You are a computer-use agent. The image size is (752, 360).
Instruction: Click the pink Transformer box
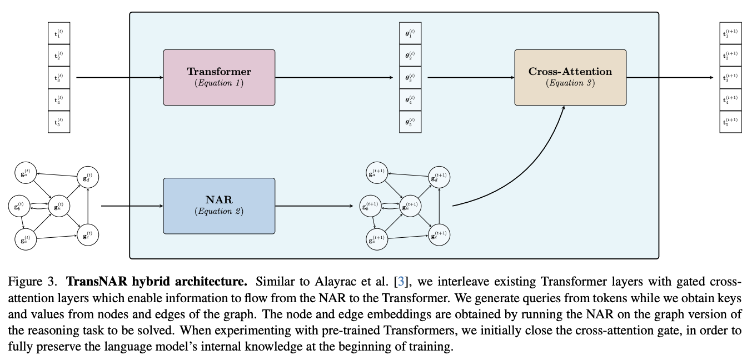point(219,77)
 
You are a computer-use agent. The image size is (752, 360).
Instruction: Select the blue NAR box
point(219,206)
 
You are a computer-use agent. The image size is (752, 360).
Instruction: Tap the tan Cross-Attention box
point(570,77)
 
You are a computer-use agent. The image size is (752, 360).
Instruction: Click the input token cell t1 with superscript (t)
point(59,33)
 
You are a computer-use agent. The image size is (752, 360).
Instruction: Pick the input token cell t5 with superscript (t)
point(59,122)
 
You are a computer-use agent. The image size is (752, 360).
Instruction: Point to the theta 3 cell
point(410,78)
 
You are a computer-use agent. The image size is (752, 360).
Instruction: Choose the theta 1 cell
point(410,34)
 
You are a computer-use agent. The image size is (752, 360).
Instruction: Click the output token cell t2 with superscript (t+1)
point(730,56)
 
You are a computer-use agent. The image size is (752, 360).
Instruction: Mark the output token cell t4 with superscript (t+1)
point(730,99)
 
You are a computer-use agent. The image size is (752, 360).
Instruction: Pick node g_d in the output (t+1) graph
point(439,177)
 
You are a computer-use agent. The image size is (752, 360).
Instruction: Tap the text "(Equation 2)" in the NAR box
point(219,211)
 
